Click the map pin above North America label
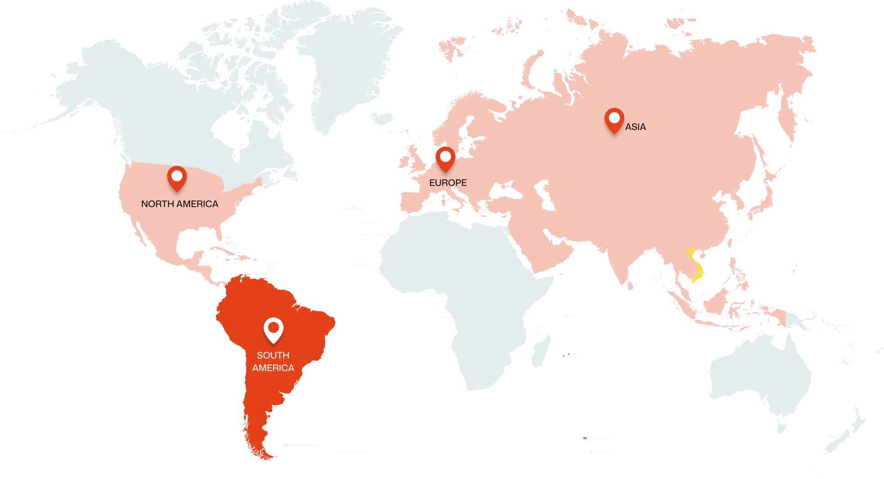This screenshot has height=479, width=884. (177, 177)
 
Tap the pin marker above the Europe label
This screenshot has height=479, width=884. (445, 158)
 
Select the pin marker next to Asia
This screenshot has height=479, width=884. (614, 120)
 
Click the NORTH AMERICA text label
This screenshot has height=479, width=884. (179, 204)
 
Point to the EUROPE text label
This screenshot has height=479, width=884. (448, 183)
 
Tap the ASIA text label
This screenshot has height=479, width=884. (635, 127)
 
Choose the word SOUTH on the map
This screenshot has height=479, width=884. (273, 355)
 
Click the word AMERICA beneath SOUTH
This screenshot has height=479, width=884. (273, 368)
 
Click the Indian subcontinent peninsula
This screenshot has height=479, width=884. (625, 265)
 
